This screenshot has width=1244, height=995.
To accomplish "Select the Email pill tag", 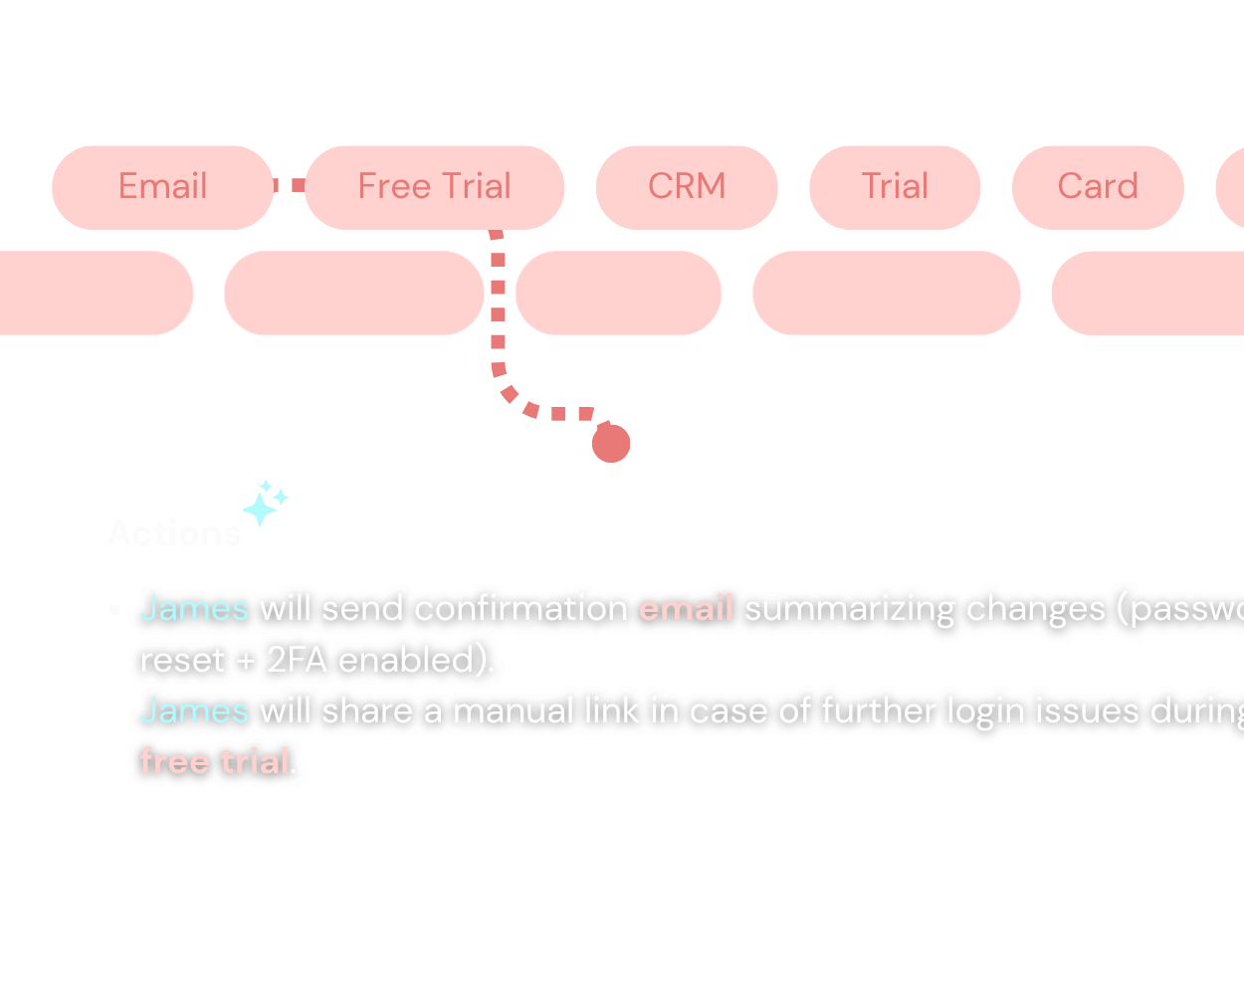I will [162, 187].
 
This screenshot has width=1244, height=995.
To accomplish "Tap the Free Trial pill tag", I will [434, 187].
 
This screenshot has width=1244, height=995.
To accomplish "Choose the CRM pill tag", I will [687, 187].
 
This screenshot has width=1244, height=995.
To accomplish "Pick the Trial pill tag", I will [895, 187].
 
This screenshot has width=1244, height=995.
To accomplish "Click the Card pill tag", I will [1098, 187].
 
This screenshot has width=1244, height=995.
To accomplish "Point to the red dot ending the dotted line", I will [611, 444].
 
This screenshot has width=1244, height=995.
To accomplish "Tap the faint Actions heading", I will [174, 534].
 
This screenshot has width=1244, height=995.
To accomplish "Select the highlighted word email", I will [686, 608].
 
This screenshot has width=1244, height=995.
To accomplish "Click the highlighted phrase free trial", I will [215, 761].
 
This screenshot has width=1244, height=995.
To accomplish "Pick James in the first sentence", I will [194, 608].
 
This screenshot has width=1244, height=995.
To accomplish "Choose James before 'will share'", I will [194, 710].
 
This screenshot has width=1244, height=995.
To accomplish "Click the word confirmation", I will [520, 608].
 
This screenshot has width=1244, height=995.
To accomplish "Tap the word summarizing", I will [849, 608].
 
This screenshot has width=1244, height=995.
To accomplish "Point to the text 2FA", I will [297, 660].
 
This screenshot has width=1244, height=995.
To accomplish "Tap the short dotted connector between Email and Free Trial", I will [290, 186].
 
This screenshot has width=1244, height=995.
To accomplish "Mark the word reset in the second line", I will [182, 660].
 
